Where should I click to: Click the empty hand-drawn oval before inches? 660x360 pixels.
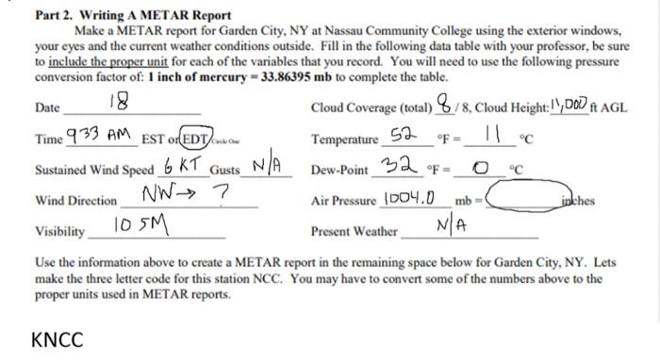pyautogui.click(x=525, y=199)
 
